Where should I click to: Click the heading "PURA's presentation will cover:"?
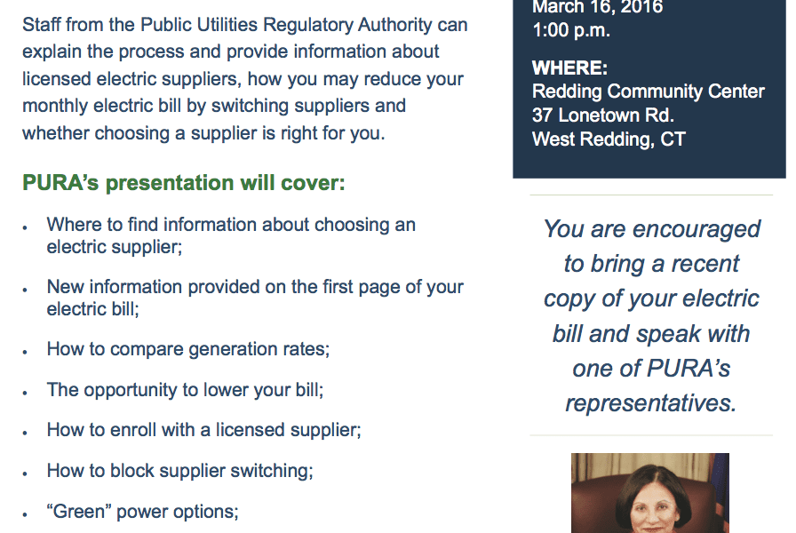[x=184, y=183]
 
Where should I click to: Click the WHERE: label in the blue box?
[x=569, y=68]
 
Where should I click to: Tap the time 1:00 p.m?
[x=571, y=30]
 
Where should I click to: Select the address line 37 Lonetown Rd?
[x=603, y=115]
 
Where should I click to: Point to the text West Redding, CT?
[x=609, y=139]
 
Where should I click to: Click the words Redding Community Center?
[x=649, y=91]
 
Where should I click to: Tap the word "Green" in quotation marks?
[x=79, y=511]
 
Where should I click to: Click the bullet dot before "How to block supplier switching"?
[x=25, y=473]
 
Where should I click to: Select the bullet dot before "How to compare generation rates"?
[x=25, y=352]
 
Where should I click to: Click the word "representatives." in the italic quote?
[x=651, y=403]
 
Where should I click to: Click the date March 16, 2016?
[x=598, y=7]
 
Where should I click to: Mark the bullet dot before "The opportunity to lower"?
[x=25, y=393]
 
